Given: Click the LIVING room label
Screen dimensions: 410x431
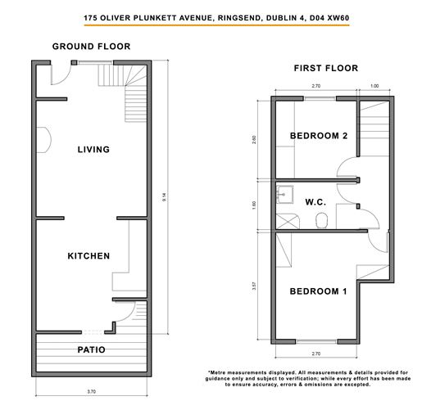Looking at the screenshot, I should click(x=93, y=149).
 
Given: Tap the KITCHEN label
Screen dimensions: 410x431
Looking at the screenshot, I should click(x=88, y=256).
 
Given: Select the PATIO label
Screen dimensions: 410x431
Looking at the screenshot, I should click(x=91, y=349).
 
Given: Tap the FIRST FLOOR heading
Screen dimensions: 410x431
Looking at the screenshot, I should click(x=325, y=69).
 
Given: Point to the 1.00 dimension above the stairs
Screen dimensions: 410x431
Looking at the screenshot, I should click(x=374, y=85).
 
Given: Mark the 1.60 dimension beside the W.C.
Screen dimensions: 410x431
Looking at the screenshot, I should click(x=259, y=205).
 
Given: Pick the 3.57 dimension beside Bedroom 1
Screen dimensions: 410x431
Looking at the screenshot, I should click(x=259, y=286).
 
